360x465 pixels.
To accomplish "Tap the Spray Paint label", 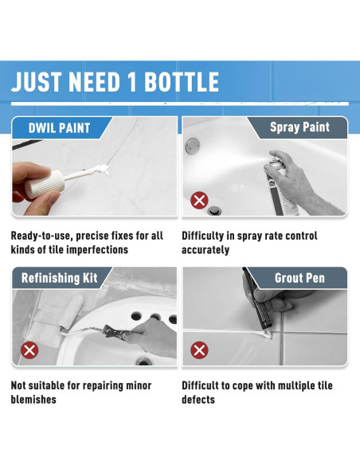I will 299,127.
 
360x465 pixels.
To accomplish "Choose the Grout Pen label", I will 299,278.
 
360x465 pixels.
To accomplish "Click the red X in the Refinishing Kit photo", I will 29,350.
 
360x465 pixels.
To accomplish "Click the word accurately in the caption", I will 205,250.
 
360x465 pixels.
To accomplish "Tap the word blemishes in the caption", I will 33,400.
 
